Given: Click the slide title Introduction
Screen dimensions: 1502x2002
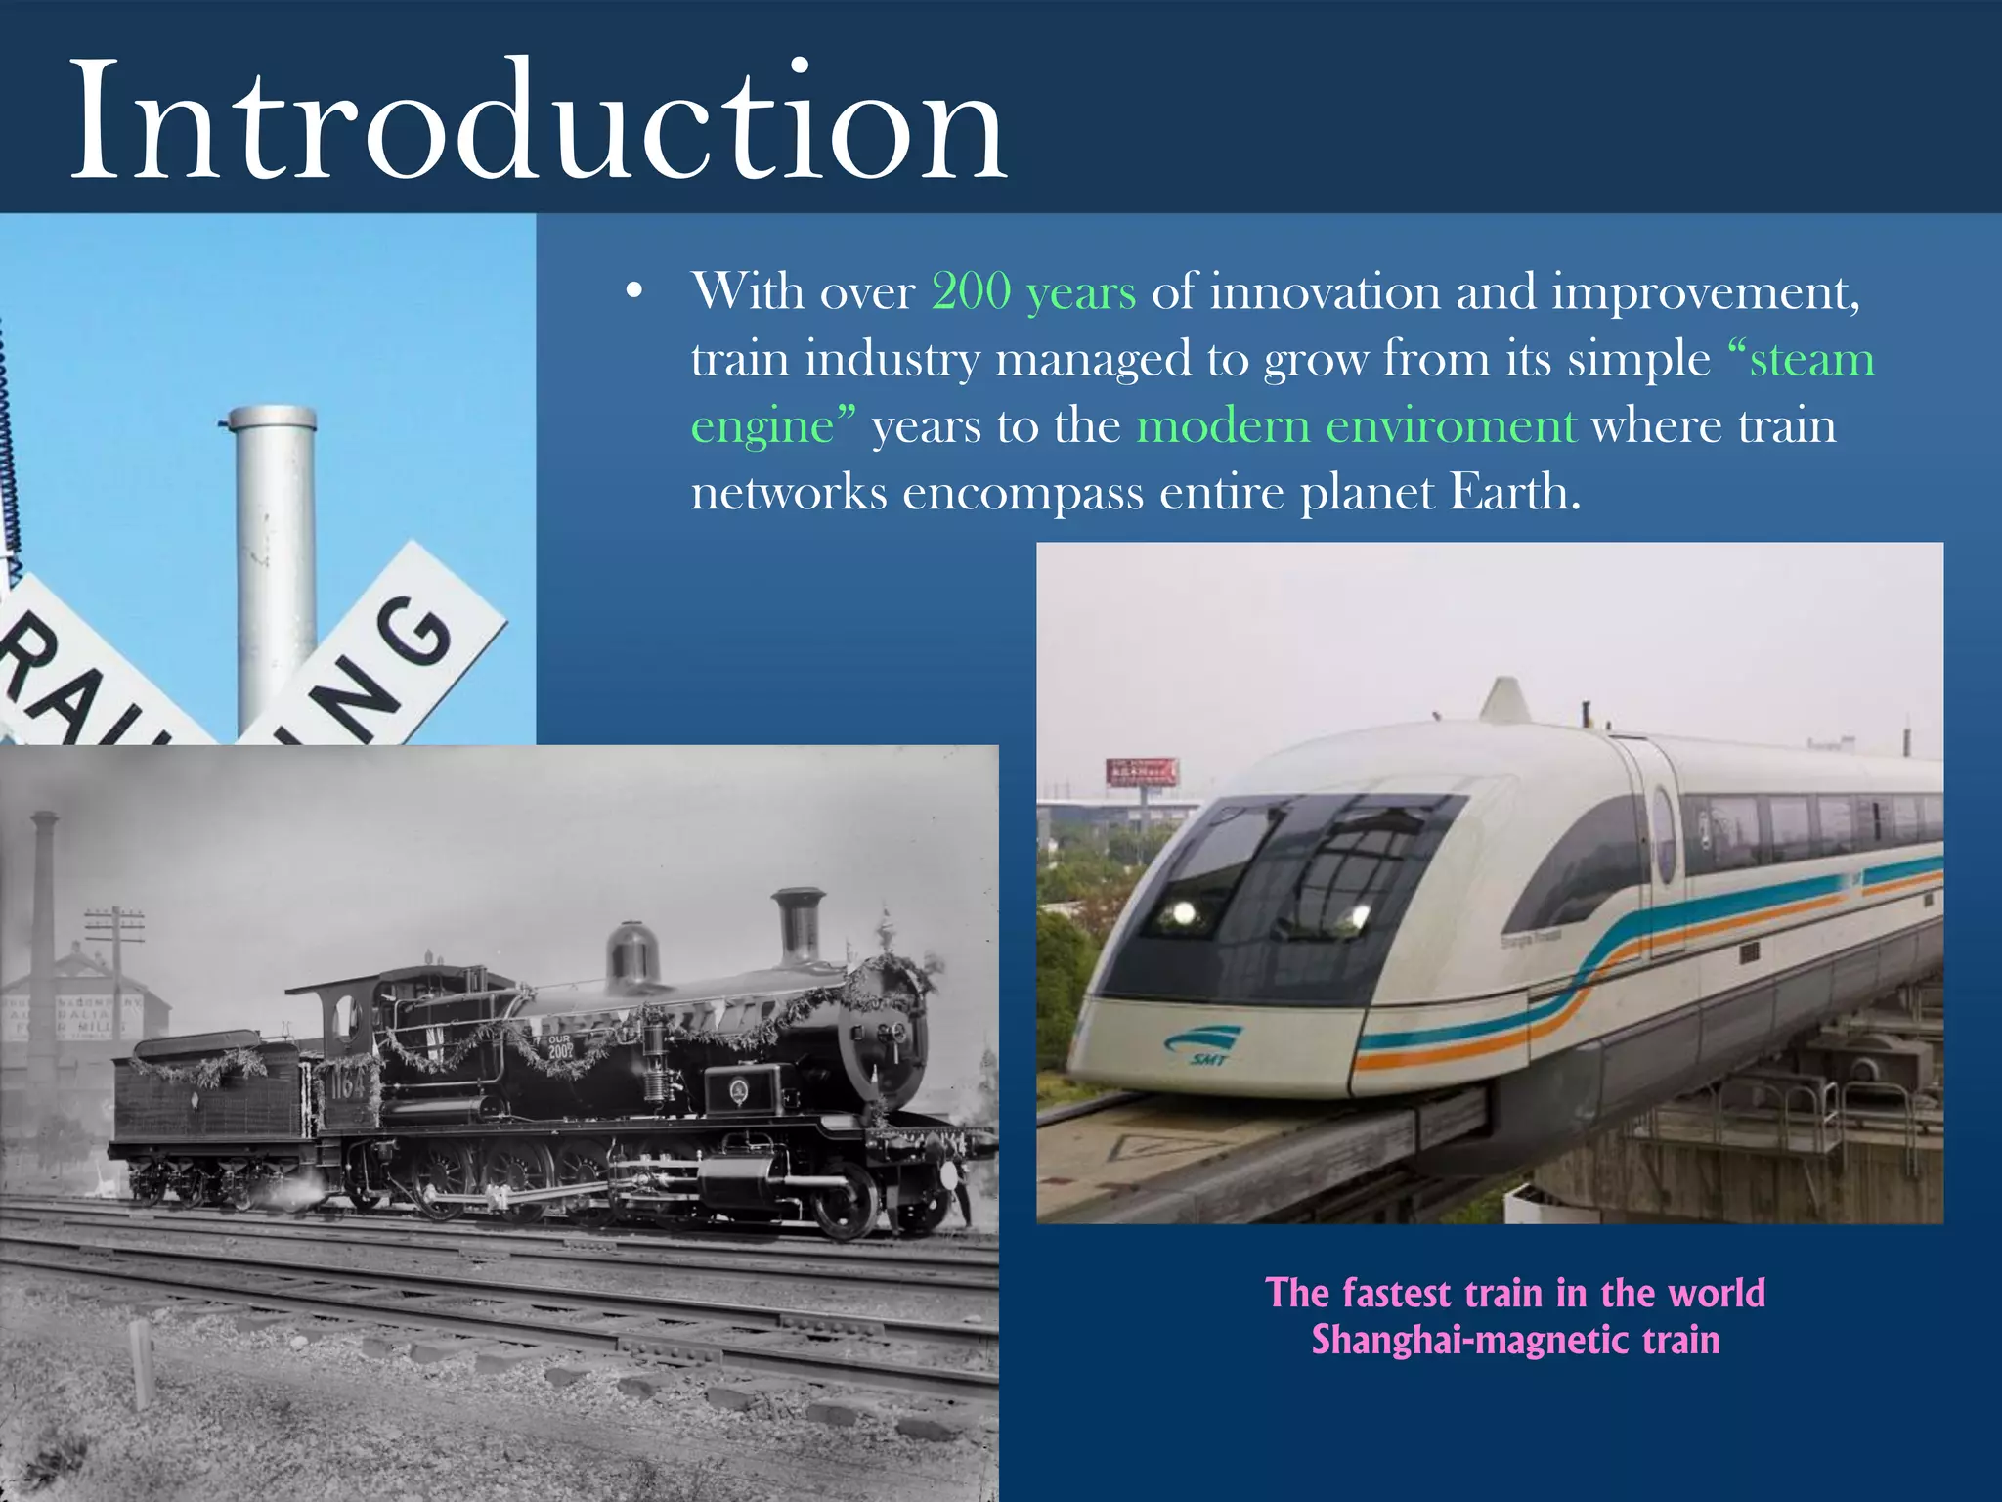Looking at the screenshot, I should pos(538,122).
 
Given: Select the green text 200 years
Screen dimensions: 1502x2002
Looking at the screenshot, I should pos(1033,292).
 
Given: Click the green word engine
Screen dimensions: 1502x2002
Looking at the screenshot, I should pos(762,426).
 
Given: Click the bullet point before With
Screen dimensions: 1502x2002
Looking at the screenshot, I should pos(634,292).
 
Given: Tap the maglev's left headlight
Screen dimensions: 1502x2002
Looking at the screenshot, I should pos(1182,913).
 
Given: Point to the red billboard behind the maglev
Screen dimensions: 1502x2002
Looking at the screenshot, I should pos(1141,773).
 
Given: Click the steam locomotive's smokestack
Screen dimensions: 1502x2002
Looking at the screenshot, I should pos(799,924).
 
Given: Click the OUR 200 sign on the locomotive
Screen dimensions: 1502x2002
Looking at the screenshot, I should pos(559,1047).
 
